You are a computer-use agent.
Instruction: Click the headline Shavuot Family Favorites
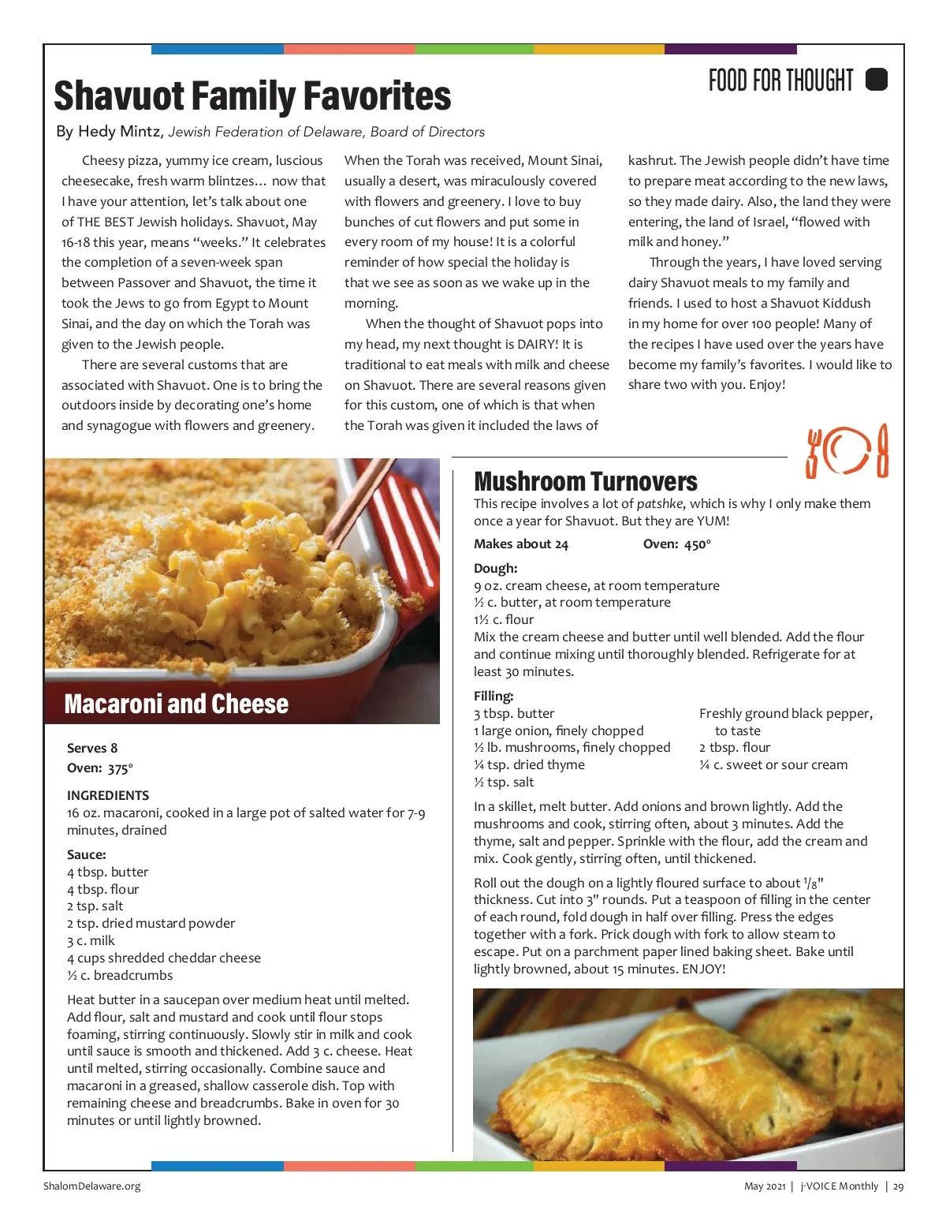click(x=252, y=96)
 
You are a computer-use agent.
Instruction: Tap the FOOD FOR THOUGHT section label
click(x=780, y=80)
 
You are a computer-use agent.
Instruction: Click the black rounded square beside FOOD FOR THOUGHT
click(x=877, y=80)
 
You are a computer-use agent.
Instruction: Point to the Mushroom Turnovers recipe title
click(x=585, y=481)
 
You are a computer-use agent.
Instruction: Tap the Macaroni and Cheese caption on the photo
click(x=176, y=704)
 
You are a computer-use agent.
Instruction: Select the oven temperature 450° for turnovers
click(x=697, y=544)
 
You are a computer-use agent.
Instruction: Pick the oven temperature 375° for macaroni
click(x=120, y=768)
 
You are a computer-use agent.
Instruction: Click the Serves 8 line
click(x=92, y=748)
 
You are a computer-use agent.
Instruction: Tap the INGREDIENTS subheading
click(x=108, y=795)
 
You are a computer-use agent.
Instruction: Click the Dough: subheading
click(x=495, y=568)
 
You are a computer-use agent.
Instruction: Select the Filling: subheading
click(x=493, y=696)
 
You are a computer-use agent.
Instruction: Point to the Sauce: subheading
click(x=87, y=854)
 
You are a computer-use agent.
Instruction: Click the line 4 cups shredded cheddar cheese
click(x=164, y=958)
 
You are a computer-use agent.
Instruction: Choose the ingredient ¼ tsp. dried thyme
click(x=529, y=764)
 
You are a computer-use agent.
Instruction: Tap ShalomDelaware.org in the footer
click(x=92, y=1186)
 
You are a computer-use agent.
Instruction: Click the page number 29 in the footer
click(x=899, y=1186)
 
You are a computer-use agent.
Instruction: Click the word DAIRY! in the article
click(x=538, y=344)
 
